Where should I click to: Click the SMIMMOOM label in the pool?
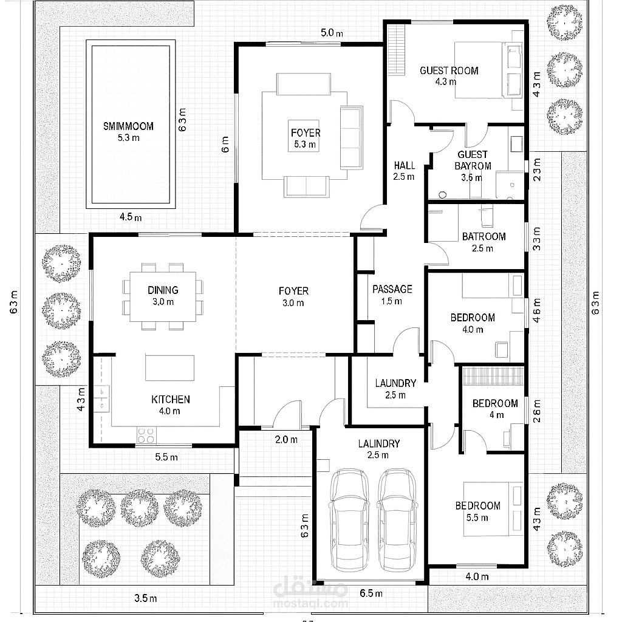point(128,126)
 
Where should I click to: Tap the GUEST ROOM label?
point(449,70)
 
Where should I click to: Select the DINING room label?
point(163,290)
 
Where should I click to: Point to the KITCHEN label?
point(171,400)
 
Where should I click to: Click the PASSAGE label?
point(392,289)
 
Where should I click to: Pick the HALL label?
point(405,165)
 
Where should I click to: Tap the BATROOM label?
point(484,237)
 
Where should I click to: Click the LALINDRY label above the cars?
point(379,443)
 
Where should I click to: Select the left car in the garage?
point(349,520)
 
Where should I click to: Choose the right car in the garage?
point(397,520)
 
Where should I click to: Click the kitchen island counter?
point(170,367)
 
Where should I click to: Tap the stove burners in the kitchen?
point(146,435)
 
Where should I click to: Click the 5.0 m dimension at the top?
point(332,33)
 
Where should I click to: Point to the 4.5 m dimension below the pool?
point(131,217)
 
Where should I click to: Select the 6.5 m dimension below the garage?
point(371,593)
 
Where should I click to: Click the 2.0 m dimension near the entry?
point(287,440)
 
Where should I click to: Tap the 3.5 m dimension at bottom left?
point(146,598)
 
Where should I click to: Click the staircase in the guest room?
point(396,50)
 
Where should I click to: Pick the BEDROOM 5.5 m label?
point(477,511)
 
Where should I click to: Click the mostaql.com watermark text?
point(310,604)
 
